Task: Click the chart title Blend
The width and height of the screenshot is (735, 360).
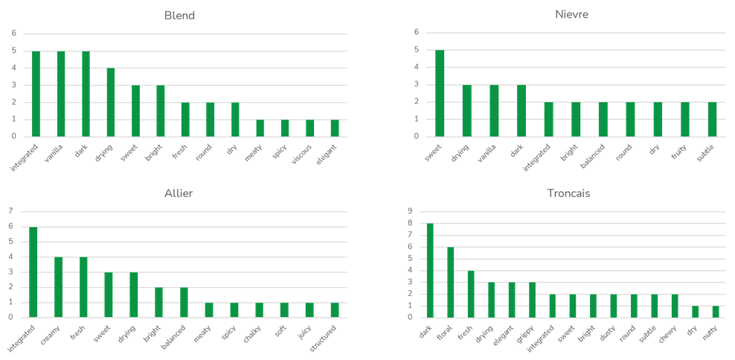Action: pyautogui.click(x=179, y=16)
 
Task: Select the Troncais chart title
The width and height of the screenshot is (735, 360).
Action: pyautogui.click(x=568, y=193)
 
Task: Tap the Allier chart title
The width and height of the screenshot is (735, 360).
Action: pyautogui.click(x=179, y=193)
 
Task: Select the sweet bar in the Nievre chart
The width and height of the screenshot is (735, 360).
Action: pyautogui.click(x=440, y=94)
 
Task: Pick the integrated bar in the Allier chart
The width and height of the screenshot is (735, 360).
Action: pyautogui.click(x=33, y=272)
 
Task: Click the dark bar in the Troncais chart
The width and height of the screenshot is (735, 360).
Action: pyautogui.click(x=430, y=270)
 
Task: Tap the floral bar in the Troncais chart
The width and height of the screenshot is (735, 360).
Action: pyautogui.click(x=450, y=282)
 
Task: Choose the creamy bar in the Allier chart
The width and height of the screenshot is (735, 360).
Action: pyautogui.click(x=58, y=287)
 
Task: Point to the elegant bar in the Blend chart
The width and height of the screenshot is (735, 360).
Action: pyautogui.click(x=335, y=128)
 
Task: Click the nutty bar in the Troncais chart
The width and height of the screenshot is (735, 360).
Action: pyautogui.click(x=714, y=312)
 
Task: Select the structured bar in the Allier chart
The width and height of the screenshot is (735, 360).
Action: pyautogui.click(x=336, y=309)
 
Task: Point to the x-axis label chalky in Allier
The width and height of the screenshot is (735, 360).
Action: pyautogui.click(x=253, y=333)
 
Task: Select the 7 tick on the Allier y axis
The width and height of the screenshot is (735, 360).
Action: pyautogui.click(x=10, y=212)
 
